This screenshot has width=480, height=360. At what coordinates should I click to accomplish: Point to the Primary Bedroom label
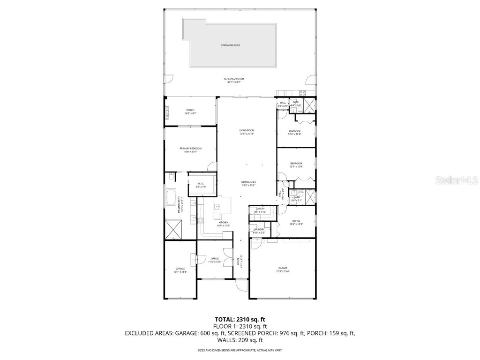(x=190, y=148)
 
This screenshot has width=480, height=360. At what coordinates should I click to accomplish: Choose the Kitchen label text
(x=223, y=222)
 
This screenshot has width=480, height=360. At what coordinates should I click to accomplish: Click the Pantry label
(x=260, y=209)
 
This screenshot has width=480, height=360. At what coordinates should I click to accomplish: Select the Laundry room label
(x=259, y=229)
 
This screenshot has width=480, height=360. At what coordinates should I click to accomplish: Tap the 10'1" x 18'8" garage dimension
(x=180, y=271)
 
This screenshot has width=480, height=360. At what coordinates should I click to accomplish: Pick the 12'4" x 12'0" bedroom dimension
(x=294, y=134)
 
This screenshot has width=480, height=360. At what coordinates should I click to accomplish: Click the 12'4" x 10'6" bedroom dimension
(x=296, y=166)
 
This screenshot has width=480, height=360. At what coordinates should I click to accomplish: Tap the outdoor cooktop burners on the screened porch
(x=302, y=93)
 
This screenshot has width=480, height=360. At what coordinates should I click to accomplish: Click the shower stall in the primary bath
(x=174, y=230)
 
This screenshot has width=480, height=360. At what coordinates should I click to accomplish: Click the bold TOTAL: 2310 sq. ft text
(x=240, y=320)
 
